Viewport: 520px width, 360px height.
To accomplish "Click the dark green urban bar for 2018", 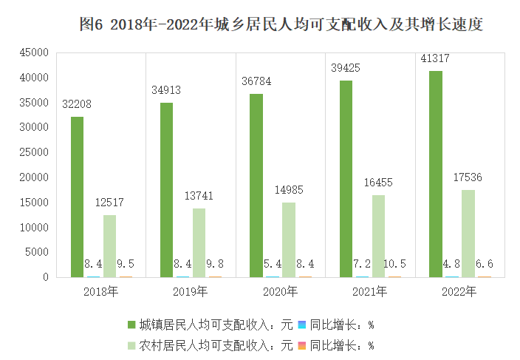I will click(77, 197).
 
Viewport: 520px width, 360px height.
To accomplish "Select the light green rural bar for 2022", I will click(468, 234).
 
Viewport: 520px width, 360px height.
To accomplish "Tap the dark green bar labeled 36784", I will click(256, 186).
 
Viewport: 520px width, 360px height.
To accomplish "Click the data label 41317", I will click(435, 58).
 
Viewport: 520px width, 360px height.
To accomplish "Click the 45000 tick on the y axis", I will click(34, 52).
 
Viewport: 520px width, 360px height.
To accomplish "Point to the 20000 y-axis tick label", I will click(34, 177).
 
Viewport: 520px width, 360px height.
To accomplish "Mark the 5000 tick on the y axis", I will click(37, 252).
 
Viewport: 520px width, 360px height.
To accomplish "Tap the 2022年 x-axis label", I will click(460, 292).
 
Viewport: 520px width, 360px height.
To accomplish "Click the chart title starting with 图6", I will click(281, 24).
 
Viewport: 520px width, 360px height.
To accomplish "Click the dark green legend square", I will click(131, 325).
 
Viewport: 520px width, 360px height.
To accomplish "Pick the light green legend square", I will click(131, 344).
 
